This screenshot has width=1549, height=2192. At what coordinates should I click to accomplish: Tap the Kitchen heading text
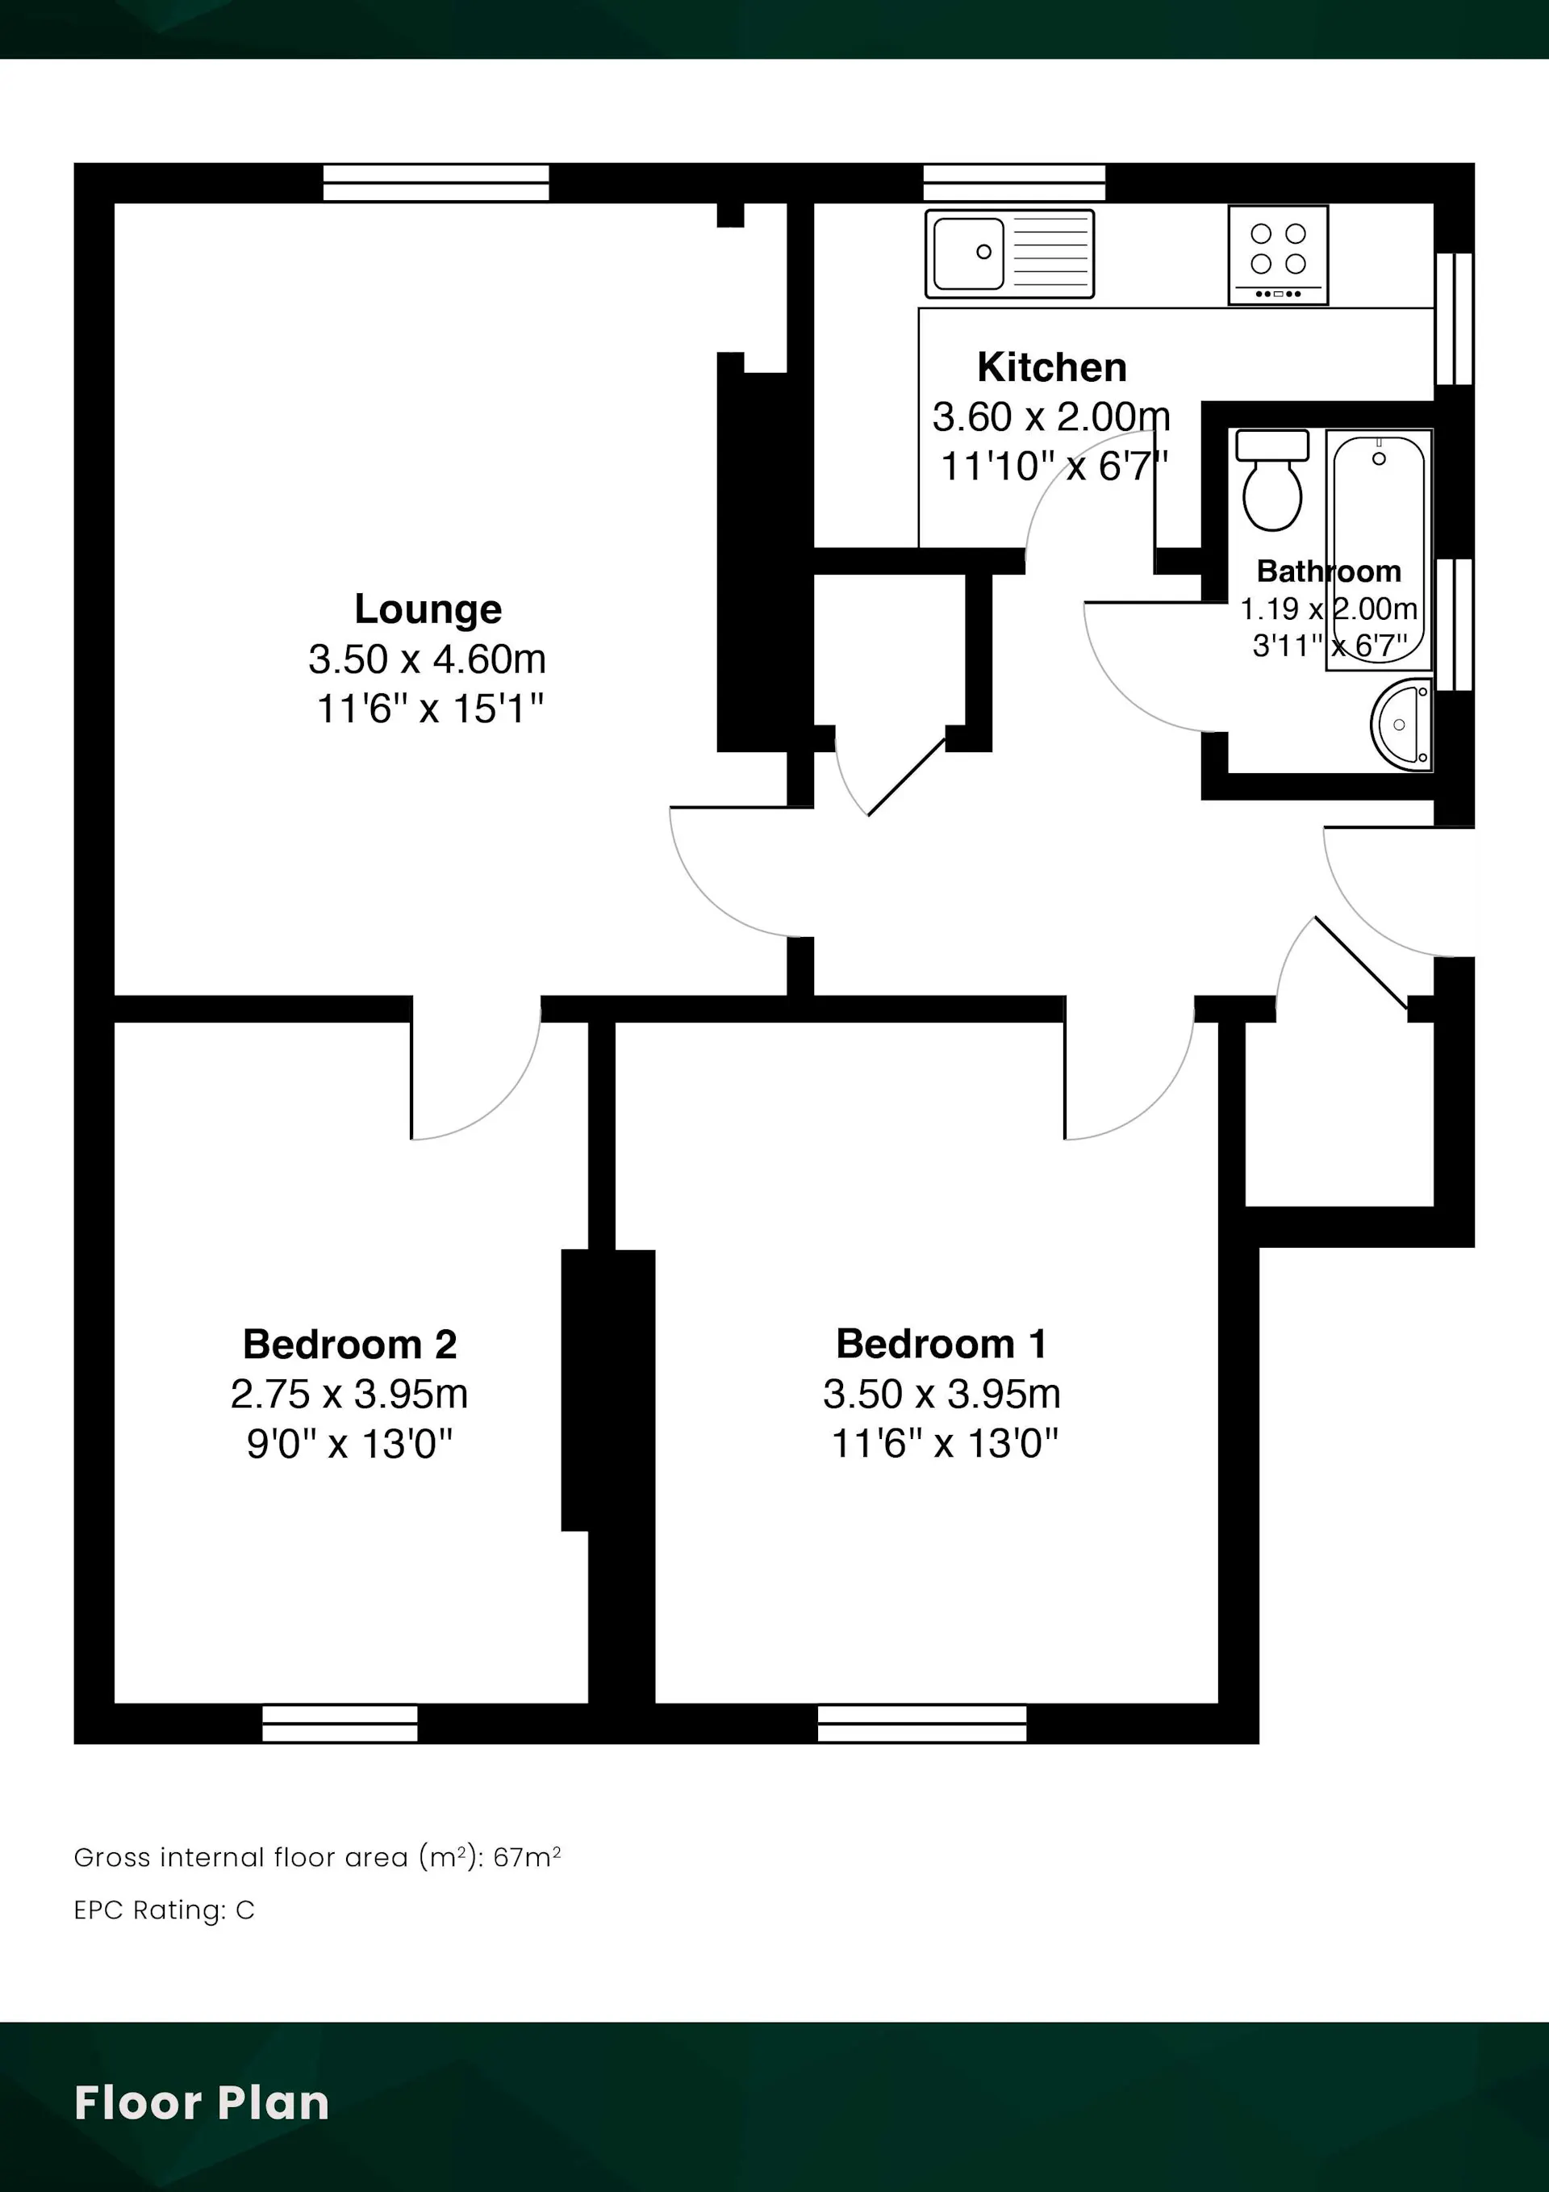[x=1052, y=367]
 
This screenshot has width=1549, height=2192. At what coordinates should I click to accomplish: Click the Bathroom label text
[x=1329, y=571]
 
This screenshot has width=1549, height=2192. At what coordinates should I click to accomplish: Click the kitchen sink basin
[x=969, y=253]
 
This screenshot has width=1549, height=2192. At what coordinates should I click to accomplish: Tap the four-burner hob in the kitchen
[x=1278, y=255]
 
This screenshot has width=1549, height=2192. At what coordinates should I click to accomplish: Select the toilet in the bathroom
[x=1272, y=479]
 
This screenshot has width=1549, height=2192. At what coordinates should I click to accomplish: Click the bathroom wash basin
[x=1402, y=724]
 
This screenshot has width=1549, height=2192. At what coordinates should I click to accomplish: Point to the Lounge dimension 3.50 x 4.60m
[x=427, y=659]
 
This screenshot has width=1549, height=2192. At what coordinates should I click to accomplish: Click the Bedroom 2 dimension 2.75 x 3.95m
[x=349, y=1395]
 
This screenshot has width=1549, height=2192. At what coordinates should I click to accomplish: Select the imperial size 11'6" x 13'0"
[x=945, y=1444]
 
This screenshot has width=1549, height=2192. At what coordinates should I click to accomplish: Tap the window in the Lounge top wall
[x=436, y=182]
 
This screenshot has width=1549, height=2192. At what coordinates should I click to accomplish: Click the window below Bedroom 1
[x=922, y=1723]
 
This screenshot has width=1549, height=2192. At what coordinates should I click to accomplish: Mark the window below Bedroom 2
[x=340, y=1723]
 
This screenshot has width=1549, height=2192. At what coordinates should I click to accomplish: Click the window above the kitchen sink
[x=1015, y=182]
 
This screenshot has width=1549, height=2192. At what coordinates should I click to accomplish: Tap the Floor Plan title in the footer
[x=202, y=2103]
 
